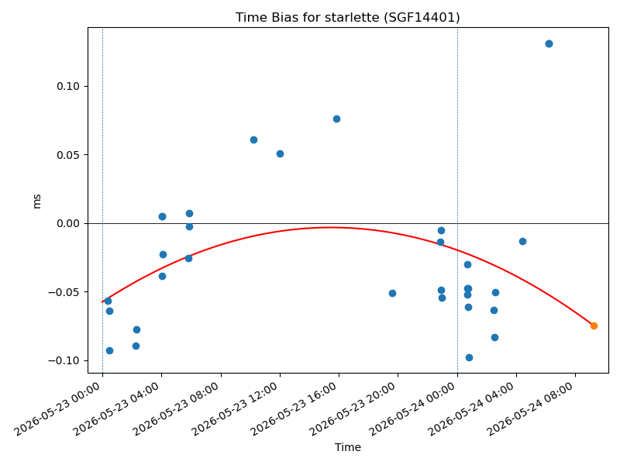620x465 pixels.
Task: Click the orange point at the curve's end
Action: click(594, 325)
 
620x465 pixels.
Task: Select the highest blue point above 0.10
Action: click(549, 44)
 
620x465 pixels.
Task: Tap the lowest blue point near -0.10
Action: click(469, 358)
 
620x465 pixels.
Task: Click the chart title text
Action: click(347, 17)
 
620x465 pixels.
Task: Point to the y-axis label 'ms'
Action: click(36, 201)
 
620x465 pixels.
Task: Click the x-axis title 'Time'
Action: click(347, 447)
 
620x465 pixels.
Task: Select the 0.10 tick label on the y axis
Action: click(67, 86)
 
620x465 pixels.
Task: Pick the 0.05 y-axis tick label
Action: click(67, 155)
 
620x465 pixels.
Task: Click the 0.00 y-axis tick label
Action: click(67, 224)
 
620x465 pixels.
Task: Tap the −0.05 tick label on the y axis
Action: click(64, 292)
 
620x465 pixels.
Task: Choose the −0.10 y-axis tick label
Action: click(64, 360)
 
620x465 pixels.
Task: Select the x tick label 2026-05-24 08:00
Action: click(530, 409)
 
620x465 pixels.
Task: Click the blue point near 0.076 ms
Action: click(336, 119)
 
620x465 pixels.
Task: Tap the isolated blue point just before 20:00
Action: click(392, 294)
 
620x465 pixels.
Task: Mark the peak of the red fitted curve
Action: click(332, 227)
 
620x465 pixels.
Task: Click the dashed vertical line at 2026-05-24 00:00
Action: click(457, 200)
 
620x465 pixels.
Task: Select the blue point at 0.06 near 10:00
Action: click(254, 140)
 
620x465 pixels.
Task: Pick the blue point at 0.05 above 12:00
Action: click(280, 153)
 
